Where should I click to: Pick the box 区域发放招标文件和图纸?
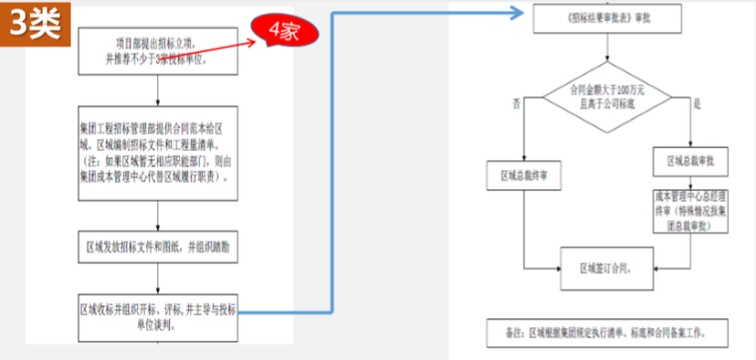pos(159,246)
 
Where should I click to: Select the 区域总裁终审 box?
pos(521,175)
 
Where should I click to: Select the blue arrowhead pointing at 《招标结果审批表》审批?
pos(517,15)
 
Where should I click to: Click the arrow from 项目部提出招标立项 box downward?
pos(159,90)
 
